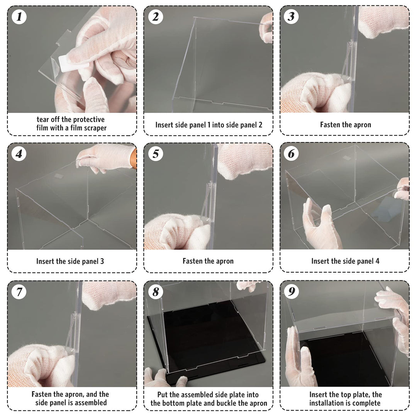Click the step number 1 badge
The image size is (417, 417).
point(19,17)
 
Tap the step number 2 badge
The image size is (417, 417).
point(156,17)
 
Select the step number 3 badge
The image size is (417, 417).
point(292,17)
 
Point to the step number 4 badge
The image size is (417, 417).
point(19,154)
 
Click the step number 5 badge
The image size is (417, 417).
point(156,154)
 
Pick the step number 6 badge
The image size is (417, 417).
point(292,154)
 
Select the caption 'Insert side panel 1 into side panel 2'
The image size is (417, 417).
point(208,125)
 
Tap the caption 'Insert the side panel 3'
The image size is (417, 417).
point(70,261)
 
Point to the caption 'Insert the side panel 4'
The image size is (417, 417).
point(345,261)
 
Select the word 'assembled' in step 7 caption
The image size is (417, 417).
point(91,403)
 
